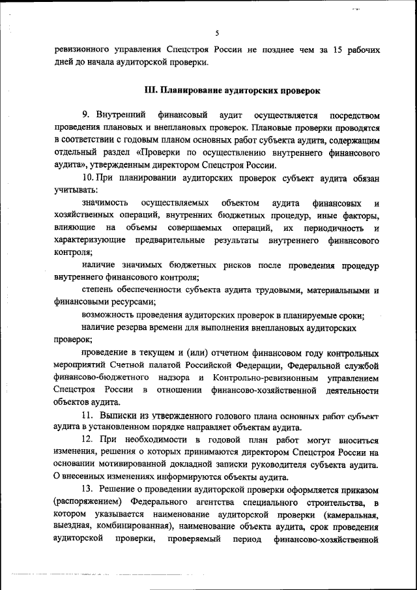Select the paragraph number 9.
[86, 115]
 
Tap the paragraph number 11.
[87, 415]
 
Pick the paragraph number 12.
[88, 439]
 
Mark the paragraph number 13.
[88, 489]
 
